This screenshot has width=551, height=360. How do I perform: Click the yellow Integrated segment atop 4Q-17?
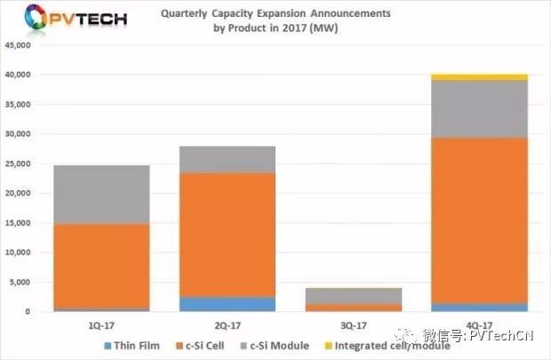pyautogui.click(x=467, y=77)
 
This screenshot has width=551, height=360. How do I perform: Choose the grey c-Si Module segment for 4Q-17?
pyautogui.click(x=467, y=108)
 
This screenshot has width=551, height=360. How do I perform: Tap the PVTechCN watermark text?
pyautogui.click(x=490, y=335)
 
